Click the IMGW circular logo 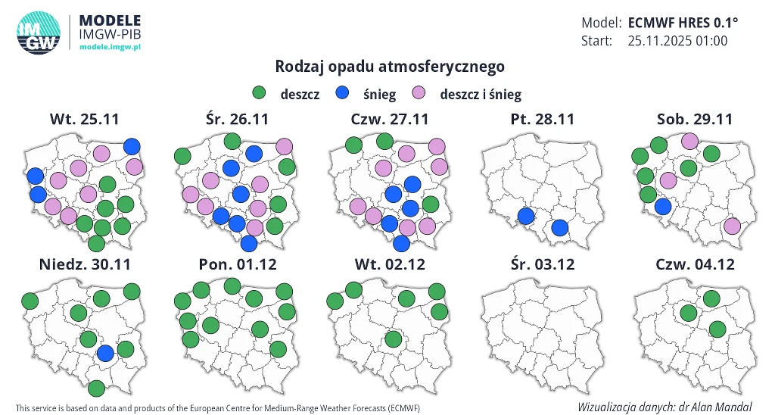(39, 33)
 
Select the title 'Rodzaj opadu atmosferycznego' (390, 67)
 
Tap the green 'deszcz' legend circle (260, 93)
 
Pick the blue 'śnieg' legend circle (342, 93)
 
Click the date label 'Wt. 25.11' (85, 120)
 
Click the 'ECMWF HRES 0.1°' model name (683, 22)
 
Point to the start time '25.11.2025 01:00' (677, 41)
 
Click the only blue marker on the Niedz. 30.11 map (105, 352)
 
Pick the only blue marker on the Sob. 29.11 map (663, 207)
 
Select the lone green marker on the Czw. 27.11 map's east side (431, 204)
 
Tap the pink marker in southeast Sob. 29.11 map (732, 226)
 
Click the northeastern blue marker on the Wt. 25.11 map (132, 146)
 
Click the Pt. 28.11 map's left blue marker (526, 217)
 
